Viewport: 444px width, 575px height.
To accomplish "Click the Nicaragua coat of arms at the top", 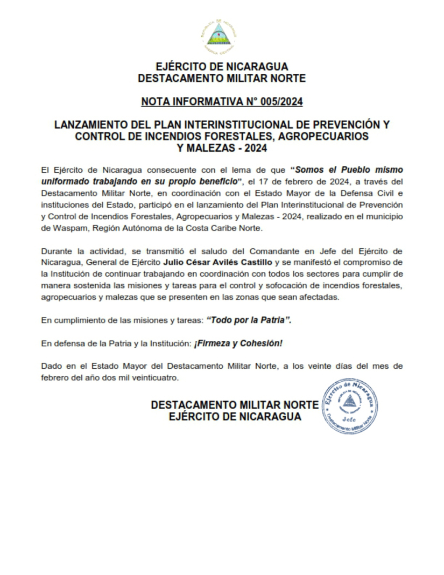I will click(x=222, y=36).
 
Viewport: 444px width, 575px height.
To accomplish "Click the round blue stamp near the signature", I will click(x=350, y=404).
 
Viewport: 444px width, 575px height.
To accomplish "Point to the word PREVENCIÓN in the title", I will click(x=346, y=125).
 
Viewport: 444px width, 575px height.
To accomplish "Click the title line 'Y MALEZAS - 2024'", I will click(x=222, y=148).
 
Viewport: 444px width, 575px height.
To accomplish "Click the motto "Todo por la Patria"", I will click(x=249, y=320).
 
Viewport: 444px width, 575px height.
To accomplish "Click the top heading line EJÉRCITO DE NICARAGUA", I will click(x=222, y=67).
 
